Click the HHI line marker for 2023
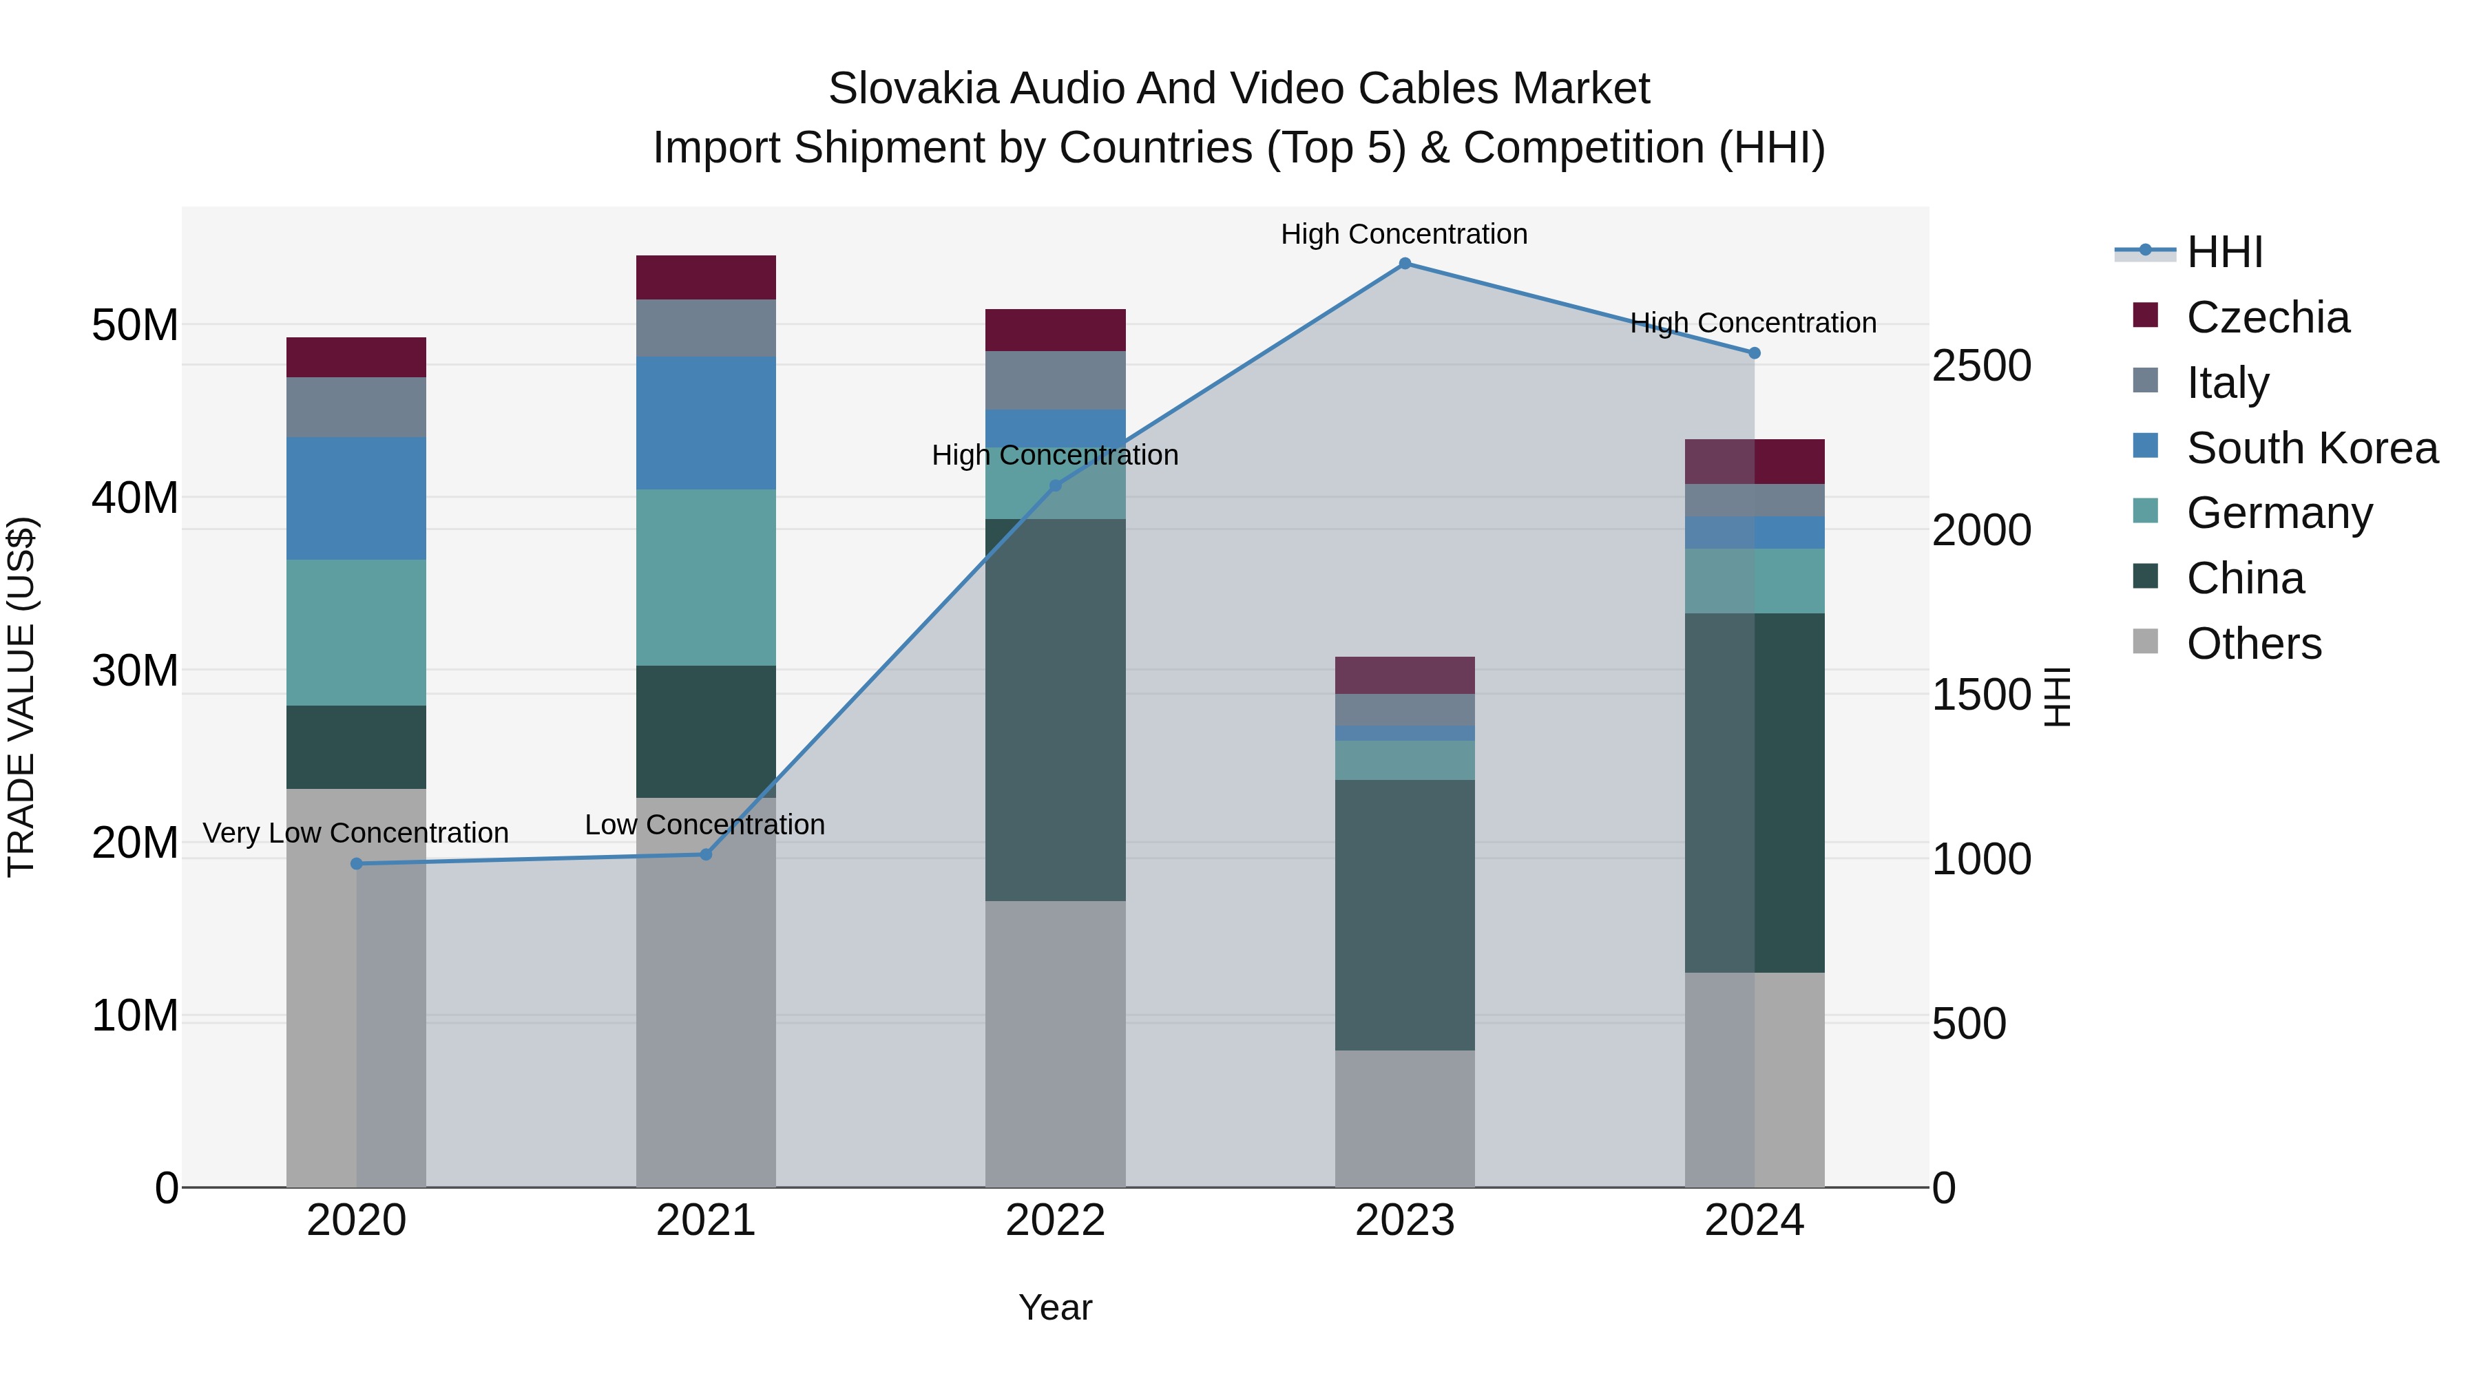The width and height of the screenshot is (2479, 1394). (1404, 264)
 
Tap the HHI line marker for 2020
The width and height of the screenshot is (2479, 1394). (357, 864)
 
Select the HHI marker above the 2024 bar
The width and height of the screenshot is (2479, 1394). (1755, 353)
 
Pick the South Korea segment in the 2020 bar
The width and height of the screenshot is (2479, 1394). (356, 498)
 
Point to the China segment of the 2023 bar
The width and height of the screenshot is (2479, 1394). (1404, 914)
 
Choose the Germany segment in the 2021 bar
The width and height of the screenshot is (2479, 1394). (705, 578)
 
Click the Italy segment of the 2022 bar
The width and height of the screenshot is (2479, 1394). (1055, 380)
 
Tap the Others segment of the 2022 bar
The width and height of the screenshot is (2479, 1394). (1055, 1044)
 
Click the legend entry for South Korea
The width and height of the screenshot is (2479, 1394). (2312, 448)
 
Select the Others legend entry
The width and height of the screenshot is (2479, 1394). (2254, 644)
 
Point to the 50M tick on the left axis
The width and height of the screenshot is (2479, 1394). (135, 325)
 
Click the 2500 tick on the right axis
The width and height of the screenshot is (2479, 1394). (1981, 366)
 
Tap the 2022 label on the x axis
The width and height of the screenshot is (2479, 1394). (1055, 1221)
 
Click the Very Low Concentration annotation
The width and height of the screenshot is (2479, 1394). (356, 833)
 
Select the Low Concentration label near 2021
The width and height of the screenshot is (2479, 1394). (704, 825)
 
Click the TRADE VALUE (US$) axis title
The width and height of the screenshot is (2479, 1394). (21, 697)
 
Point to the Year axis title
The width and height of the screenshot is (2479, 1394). (1055, 1307)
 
